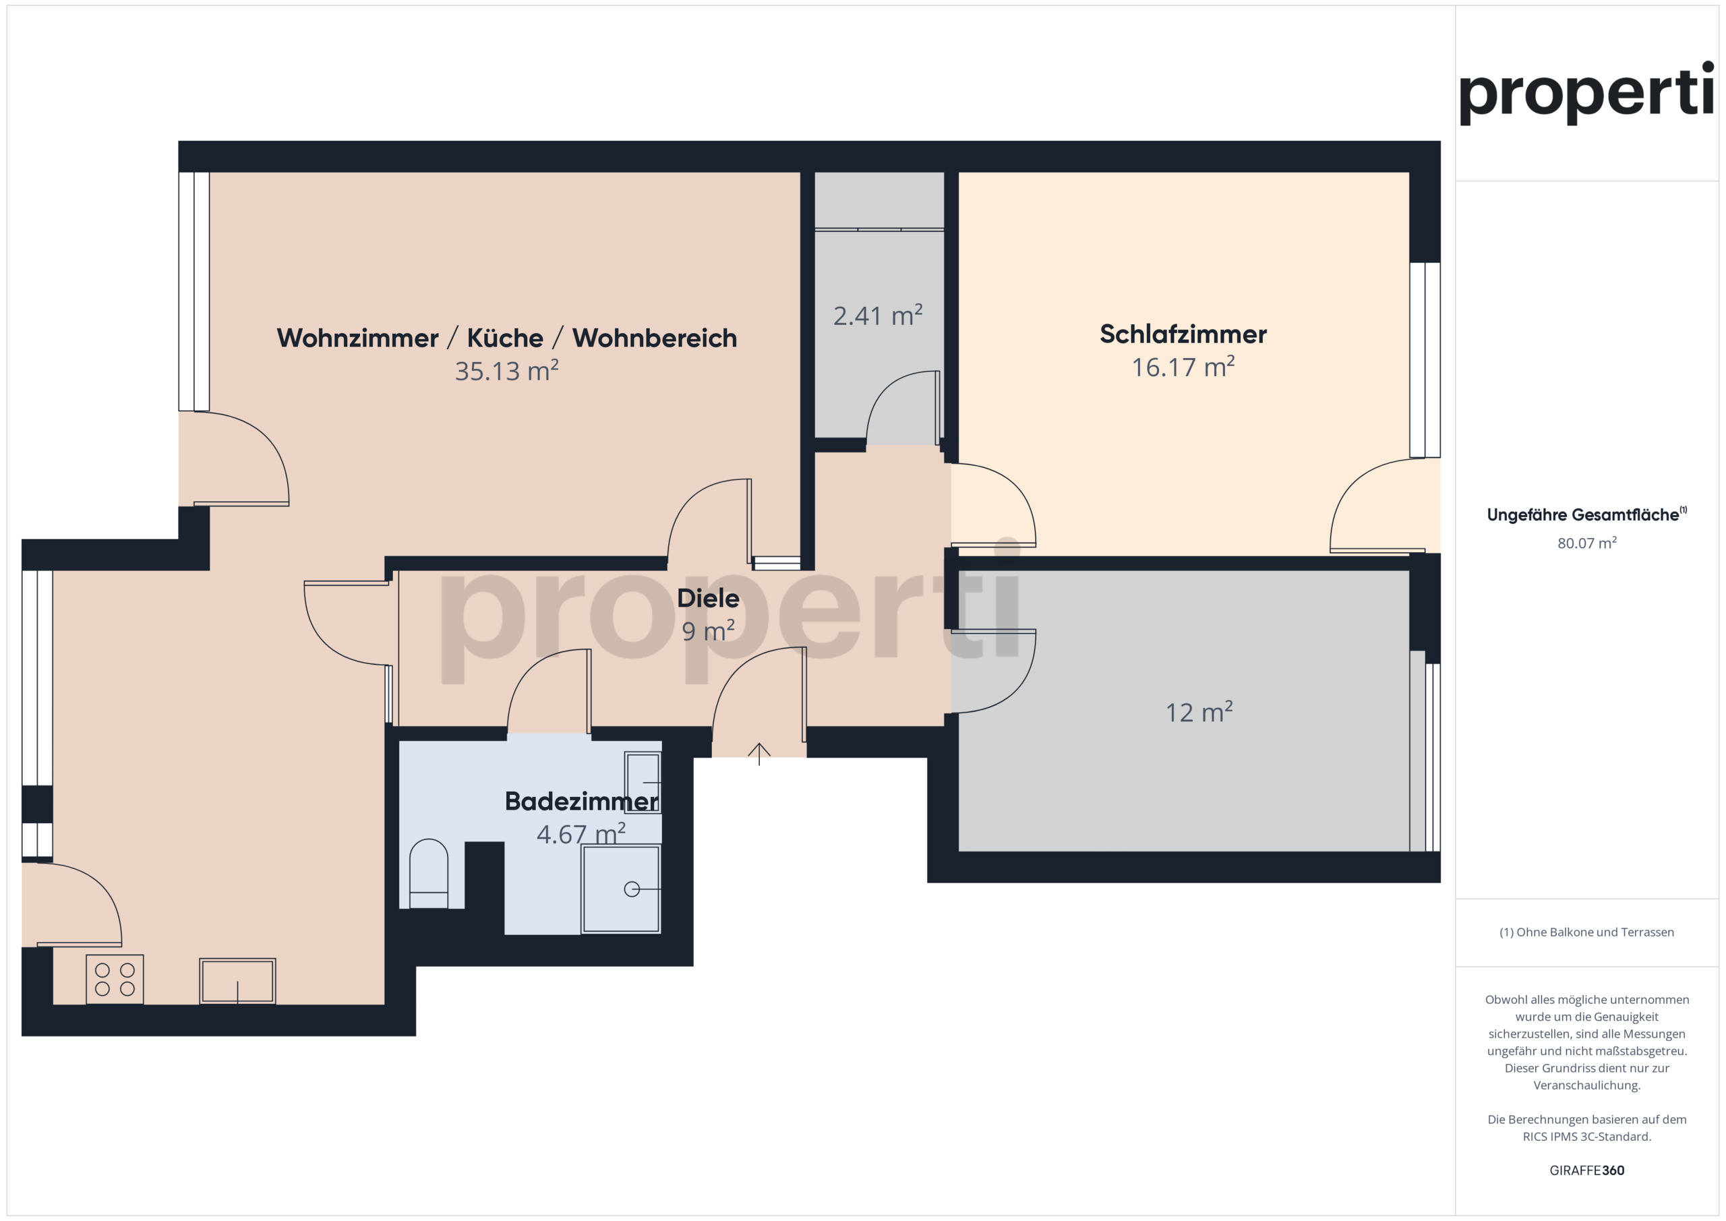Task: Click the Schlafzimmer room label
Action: click(1183, 334)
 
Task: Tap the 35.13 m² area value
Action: click(506, 371)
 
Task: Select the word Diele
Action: click(708, 599)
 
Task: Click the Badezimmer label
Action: click(582, 802)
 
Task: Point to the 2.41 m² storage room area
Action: click(878, 316)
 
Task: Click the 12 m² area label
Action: click(1199, 712)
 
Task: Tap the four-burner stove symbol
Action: click(114, 979)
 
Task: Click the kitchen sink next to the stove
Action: click(237, 980)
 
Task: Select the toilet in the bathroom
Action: click(429, 874)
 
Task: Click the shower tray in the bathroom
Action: click(621, 889)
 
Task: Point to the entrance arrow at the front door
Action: click(759, 754)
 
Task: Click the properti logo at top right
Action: click(1587, 93)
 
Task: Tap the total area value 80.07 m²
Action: click(1587, 543)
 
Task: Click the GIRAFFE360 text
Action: click(1587, 1170)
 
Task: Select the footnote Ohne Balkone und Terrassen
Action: click(1587, 932)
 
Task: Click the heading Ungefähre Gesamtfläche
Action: click(1587, 515)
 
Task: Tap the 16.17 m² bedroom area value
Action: click(1183, 367)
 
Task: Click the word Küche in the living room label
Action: click(505, 338)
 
